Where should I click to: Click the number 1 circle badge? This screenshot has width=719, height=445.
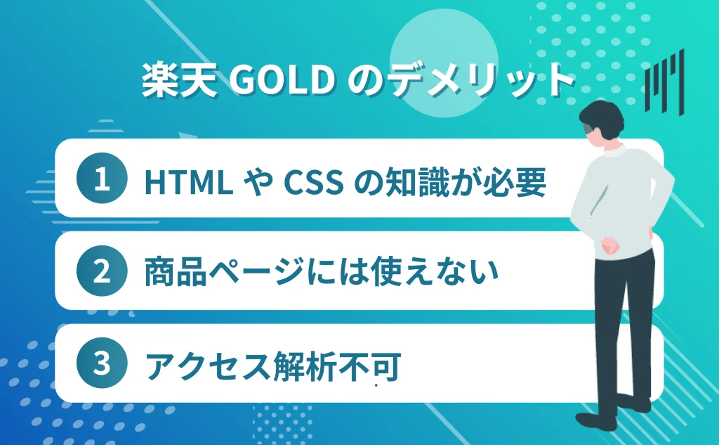[x=103, y=180]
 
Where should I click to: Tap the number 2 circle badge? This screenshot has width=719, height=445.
[x=103, y=272]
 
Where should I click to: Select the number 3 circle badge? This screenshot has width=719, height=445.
[x=103, y=364]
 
